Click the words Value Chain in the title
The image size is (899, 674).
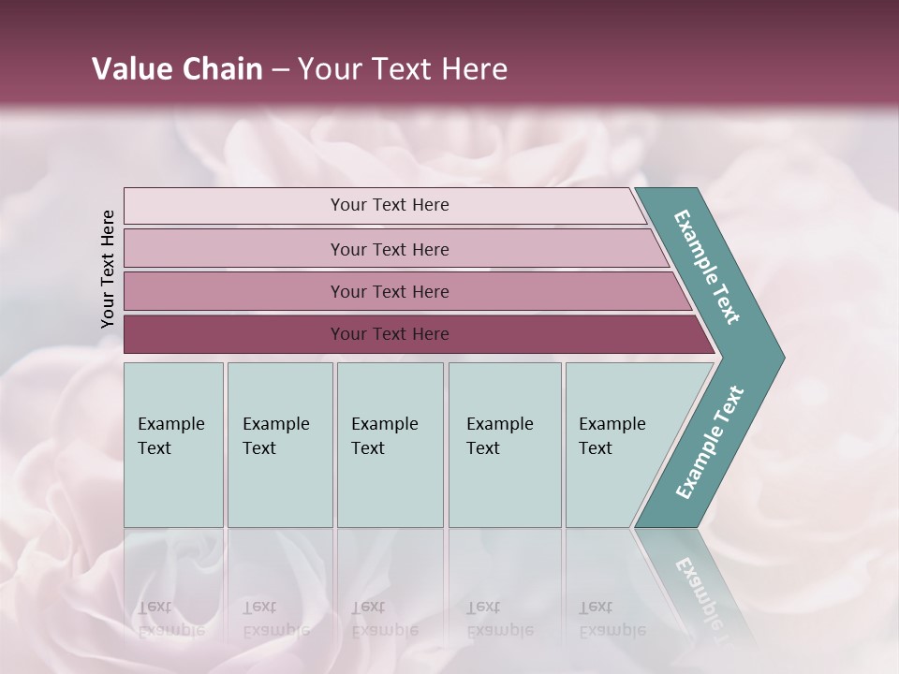tap(177, 69)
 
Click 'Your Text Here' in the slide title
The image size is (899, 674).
tap(403, 69)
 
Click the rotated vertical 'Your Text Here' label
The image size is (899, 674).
tap(108, 269)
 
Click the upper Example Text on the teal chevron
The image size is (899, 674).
tap(707, 267)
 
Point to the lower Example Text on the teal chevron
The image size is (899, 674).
tap(709, 443)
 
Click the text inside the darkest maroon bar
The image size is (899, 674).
tap(390, 334)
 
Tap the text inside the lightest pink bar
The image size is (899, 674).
tap(390, 205)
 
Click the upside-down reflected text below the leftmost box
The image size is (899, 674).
tap(170, 618)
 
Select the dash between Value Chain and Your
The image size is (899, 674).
tap(280, 69)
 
